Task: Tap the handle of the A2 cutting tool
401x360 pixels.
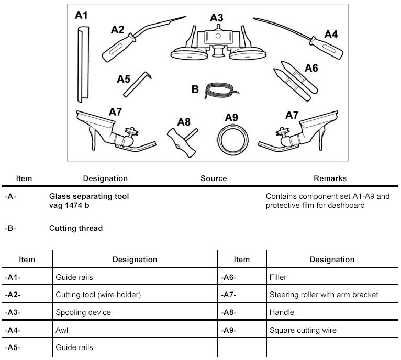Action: (x=119, y=48)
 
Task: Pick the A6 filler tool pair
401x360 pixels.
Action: (x=295, y=81)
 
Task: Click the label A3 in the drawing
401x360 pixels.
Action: (x=217, y=18)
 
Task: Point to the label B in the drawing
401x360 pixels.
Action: (x=195, y=89)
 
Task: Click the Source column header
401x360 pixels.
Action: (x=214, y=178)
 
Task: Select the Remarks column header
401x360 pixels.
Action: (x=330, y=178)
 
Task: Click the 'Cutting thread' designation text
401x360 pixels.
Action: (x=76, y=228)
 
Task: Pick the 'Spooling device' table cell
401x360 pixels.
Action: (x=83, y=312)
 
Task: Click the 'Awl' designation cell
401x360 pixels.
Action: (x=62, y=330)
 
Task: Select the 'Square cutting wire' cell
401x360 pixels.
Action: (x=303, y=330)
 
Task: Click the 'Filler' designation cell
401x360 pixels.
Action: (x=278, y=277)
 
